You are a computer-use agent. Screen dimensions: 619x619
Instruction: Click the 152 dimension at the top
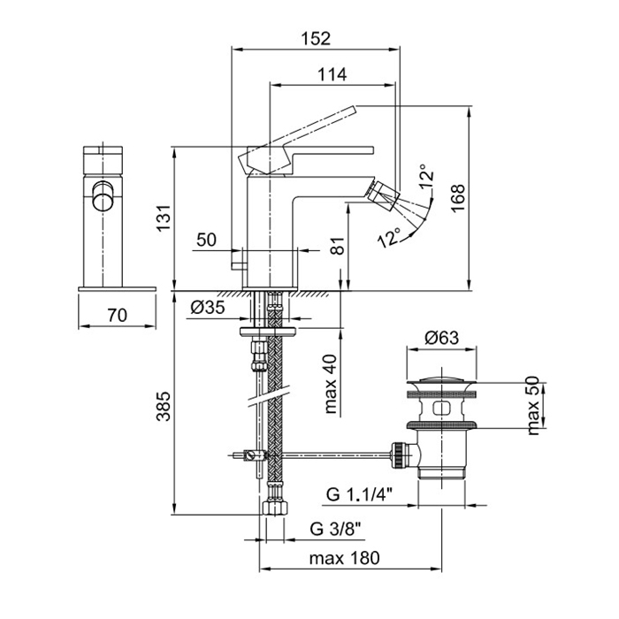314,38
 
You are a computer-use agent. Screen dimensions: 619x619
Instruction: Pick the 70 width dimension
118,314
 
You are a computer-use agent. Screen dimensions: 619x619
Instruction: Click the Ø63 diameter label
439,337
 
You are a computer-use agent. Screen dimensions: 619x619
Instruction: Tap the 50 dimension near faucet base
206,240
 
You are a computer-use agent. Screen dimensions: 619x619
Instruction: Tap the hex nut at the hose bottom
272,510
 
